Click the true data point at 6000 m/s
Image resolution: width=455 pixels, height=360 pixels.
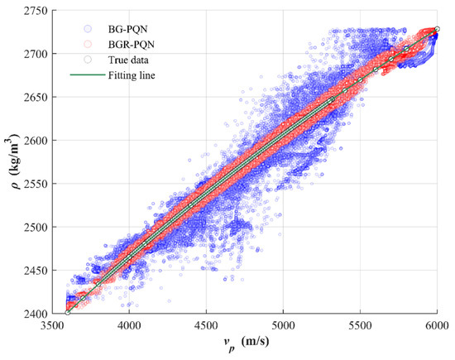[437, 29]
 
